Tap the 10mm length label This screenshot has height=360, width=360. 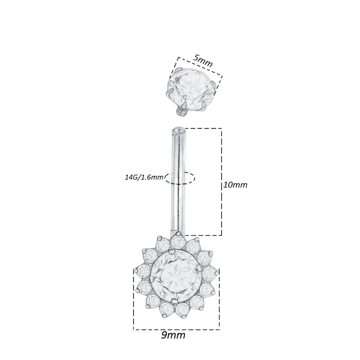click(235, 185)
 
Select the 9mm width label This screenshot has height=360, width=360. click(173, 335)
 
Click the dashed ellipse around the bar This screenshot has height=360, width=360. click(180, 178)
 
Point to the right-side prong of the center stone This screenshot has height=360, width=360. click(199, 267)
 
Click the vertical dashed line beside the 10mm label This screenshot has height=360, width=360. click(222, 160)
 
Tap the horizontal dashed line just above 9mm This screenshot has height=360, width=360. click(176, 330)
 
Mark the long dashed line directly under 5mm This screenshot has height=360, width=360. click(200, 67)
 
